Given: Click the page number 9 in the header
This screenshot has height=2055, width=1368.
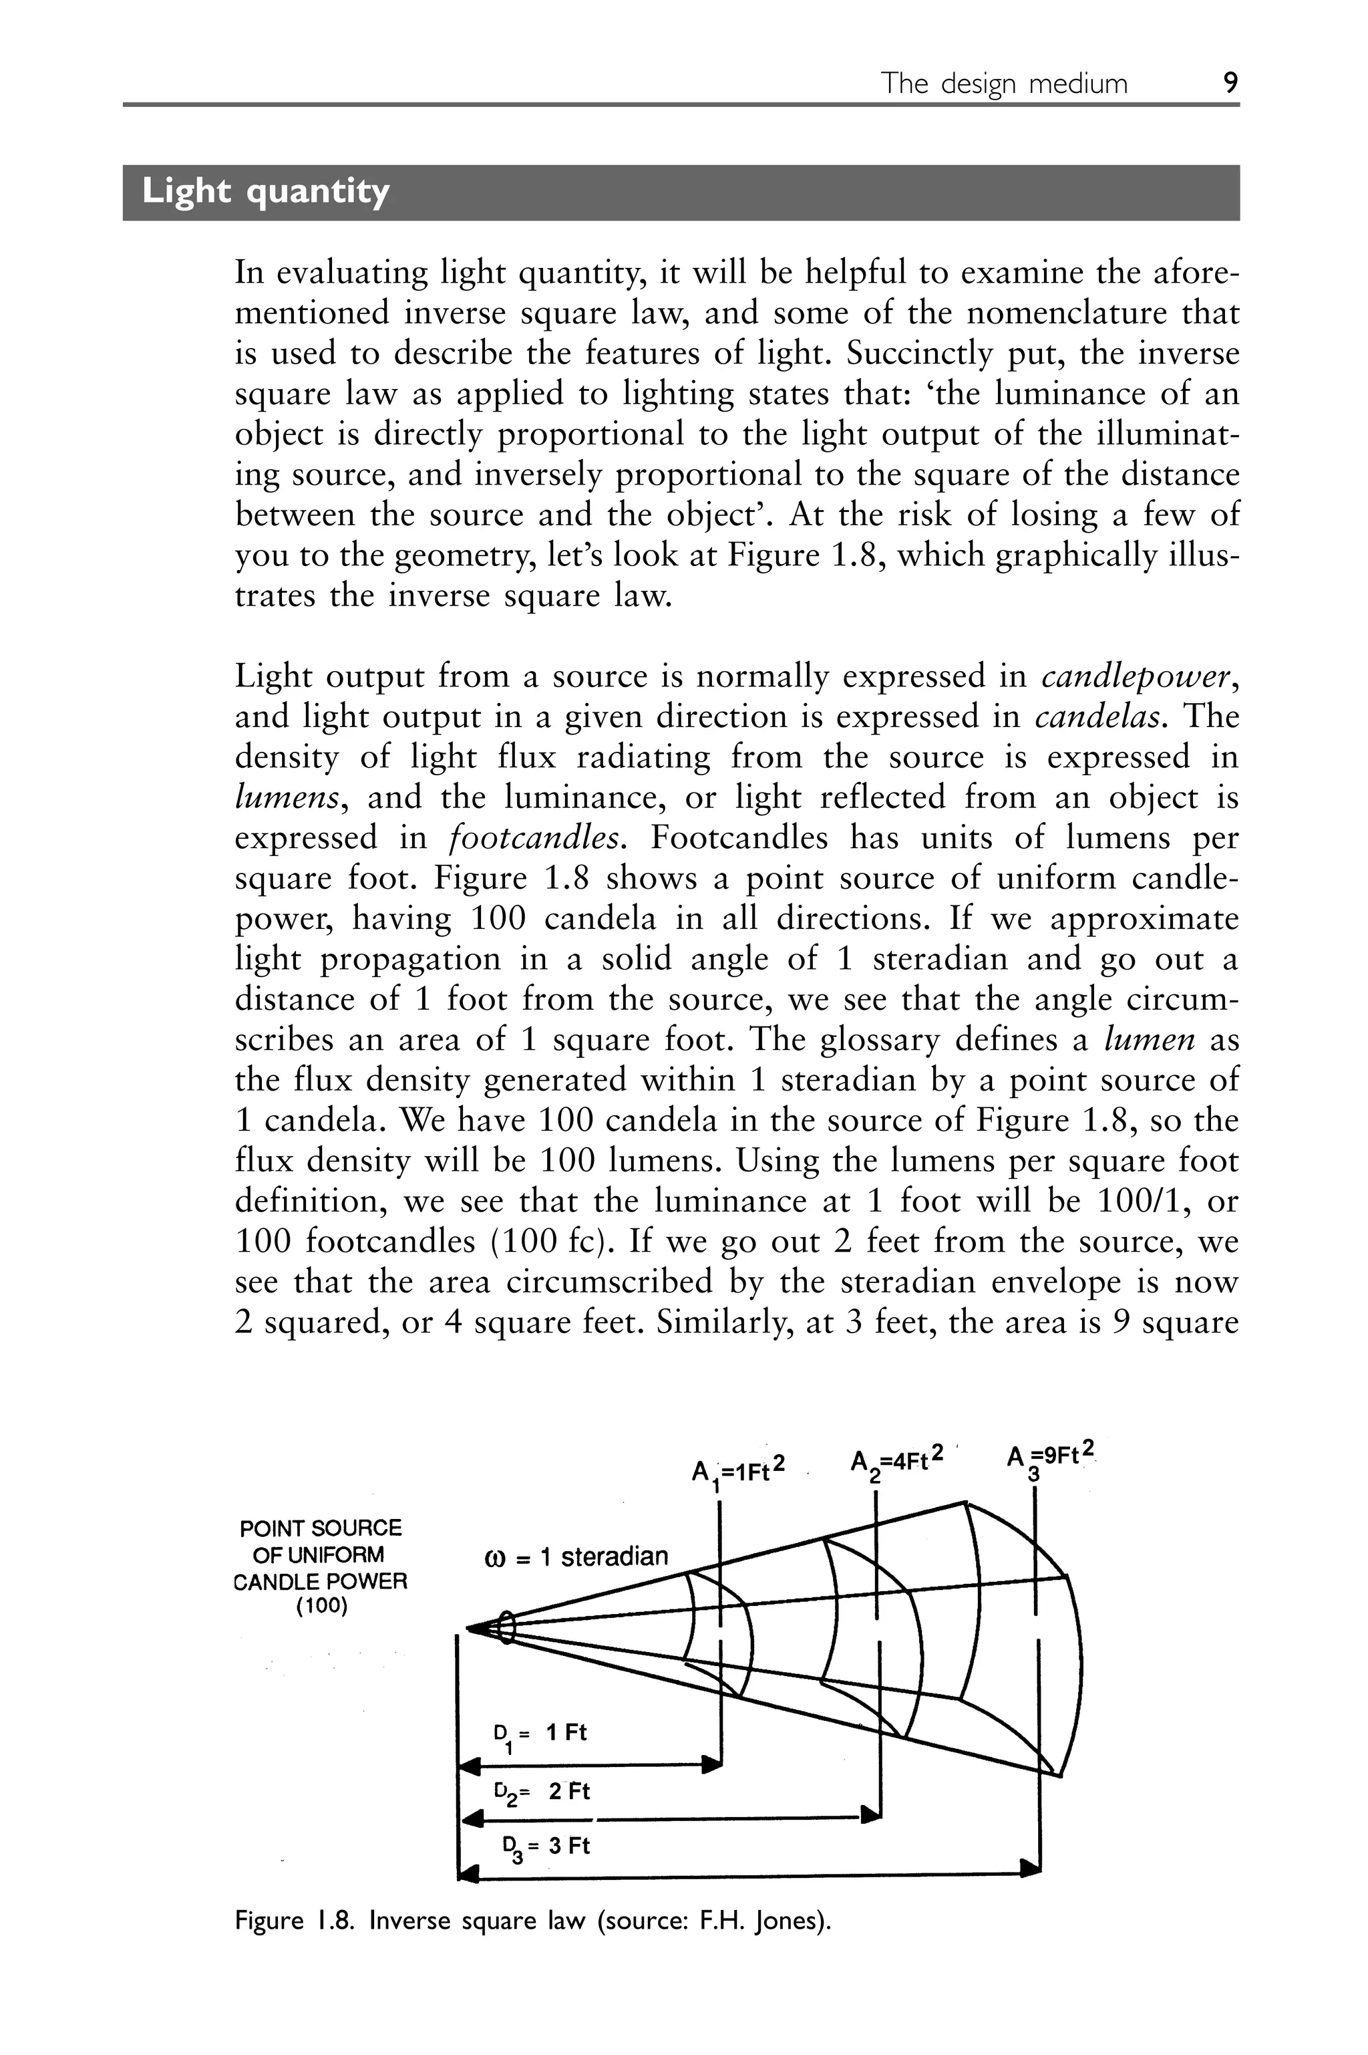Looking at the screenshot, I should click(1230, 83).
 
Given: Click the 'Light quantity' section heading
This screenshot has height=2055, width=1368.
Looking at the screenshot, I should click(265, 191).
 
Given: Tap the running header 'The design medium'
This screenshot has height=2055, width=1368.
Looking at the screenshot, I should click(1003, 84).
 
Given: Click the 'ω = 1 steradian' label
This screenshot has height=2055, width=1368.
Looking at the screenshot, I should click(576, 1556).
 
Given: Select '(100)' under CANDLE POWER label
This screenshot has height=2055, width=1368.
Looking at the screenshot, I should click(321, 1607).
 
